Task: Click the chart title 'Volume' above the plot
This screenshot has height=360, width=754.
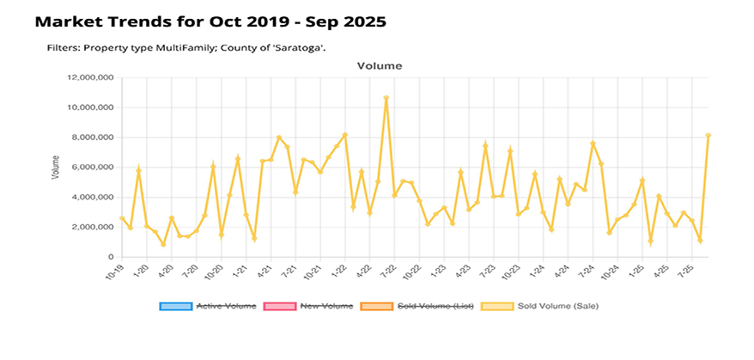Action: (379, 65)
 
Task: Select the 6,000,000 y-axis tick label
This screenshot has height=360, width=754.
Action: (94, 168)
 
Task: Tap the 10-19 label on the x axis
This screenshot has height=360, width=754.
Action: (113, 272)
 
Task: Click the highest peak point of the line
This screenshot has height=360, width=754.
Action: (386, 98)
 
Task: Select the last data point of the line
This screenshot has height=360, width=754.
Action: (708, 136)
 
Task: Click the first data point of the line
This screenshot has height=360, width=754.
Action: (122, 218)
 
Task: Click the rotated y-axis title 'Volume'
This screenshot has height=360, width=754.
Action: (56, 167)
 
